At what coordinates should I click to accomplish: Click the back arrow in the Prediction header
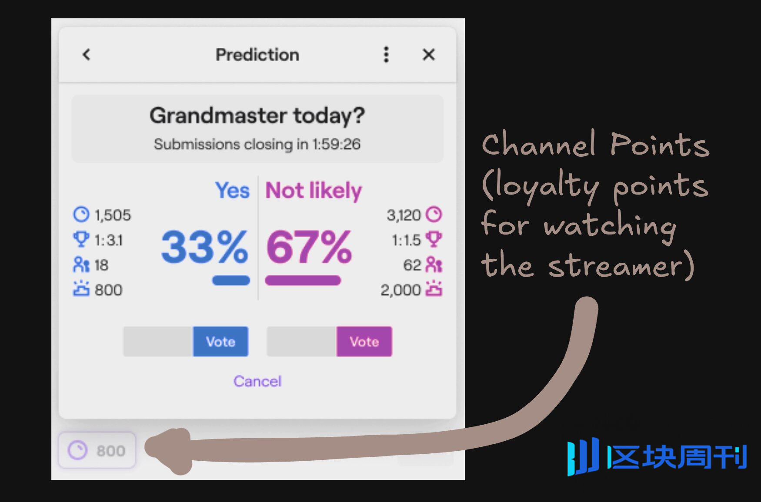coord(87,54)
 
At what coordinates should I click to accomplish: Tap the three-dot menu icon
coord(386,55)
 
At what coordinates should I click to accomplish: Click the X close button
coord(429,54)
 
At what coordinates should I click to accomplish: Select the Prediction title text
coord(257,55)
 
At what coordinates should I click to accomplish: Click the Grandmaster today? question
coord(257,116)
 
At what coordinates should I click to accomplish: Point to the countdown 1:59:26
coord(336,144)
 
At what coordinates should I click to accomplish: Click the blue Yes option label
coord(233,190)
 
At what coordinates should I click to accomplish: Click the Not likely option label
coord(314,191)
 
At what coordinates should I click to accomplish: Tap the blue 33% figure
coord(204,247)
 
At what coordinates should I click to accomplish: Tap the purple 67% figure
coord(309,247)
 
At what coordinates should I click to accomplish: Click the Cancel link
coord(257,381)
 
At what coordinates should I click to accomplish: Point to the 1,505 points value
coord(113,215)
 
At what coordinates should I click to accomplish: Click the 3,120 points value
coord(404,215)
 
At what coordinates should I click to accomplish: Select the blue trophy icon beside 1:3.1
coord(81,239)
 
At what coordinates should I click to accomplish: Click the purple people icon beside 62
coord(434,264)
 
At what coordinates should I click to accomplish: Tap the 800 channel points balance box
coord(97,450)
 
